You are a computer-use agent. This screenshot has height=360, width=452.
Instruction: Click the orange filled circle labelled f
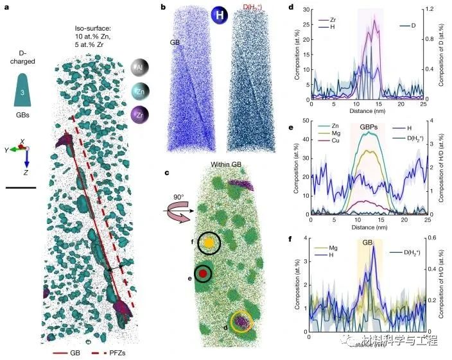tap(209, 242)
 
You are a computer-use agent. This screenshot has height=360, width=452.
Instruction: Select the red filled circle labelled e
tap(204, 274)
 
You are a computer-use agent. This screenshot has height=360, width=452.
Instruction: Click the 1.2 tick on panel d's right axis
tap(434, 10)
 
